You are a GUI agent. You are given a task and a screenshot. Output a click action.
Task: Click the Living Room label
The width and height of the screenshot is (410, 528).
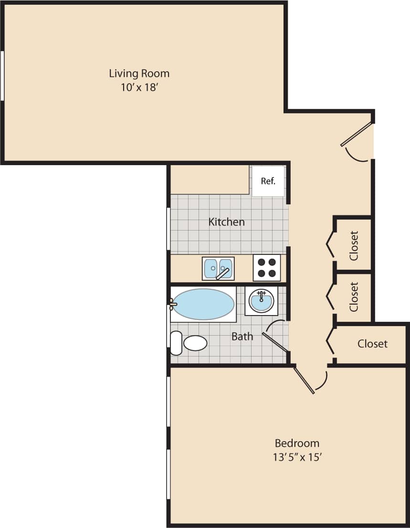pyautogui.click(x=139, y=74)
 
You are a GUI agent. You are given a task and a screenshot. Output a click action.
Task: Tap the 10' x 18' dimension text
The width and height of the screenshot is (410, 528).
pyautogui.click(x=139, y=88)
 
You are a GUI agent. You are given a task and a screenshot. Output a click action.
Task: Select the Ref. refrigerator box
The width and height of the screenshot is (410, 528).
pyautogui.click(x=268, y=181)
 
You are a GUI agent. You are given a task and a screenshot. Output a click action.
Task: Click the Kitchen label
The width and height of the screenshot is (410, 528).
pyautogui.click(x=227, y=222)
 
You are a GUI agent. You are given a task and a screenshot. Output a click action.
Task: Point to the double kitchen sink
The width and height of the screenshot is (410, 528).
pyautogui.click(x=218, y=269)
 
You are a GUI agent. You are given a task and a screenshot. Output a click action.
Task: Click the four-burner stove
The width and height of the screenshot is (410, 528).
pyautogui.click(x=267, y=268)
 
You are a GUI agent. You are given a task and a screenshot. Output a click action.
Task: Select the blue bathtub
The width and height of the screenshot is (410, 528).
pyautogui.click(x=203, y=304)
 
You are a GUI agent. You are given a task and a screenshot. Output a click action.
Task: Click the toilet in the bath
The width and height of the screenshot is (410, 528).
pyautogui.click(x=189, y=343)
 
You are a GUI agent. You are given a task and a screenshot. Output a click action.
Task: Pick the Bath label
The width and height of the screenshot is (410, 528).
pyautogui.click(x=242, y=337)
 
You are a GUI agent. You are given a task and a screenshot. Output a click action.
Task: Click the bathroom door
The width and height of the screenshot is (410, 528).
pyautogui.click(x=275, y=341)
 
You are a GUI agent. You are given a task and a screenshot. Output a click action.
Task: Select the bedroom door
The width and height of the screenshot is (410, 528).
pyautogui.click(x=305, y=380)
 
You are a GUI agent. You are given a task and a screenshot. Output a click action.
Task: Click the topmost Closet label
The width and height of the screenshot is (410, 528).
pyautogui.click(x=354, y=245)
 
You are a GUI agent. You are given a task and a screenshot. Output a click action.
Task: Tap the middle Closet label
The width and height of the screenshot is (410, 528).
pyautogui.click(x=354, y=296)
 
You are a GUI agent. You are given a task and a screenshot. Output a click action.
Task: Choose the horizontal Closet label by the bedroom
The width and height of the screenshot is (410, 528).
pyautogui.click(x=372, y=344)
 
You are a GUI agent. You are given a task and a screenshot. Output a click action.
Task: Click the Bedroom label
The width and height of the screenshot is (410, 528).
pyautogui.click(x=297, y=443)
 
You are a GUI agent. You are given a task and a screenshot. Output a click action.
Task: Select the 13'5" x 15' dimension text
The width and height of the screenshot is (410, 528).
pyautogui.click(x=297, y=457)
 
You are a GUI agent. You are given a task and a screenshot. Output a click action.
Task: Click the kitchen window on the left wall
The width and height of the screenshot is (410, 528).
pyautogui.click(x=168, y=229)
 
